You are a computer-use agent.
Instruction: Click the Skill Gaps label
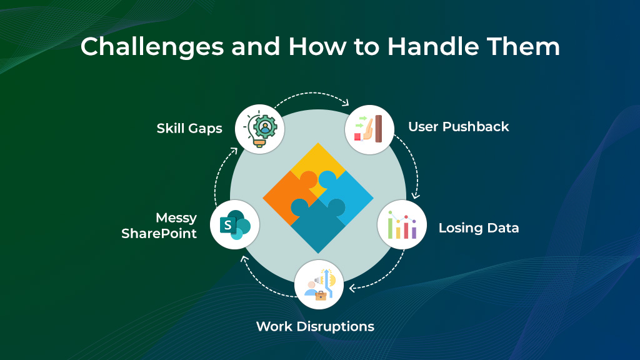(x=190, y=129)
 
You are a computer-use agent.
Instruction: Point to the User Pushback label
(x=458, y=127)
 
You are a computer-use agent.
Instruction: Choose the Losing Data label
(x=478, y=228)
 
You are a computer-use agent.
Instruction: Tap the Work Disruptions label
(x=315, y=326)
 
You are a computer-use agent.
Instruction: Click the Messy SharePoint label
(x=159, y=226)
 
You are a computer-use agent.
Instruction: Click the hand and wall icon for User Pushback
(x=369, y=129)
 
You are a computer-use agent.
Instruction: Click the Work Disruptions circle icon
(x=319, y=285)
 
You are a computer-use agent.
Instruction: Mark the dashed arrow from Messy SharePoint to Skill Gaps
(x=218, y=175)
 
